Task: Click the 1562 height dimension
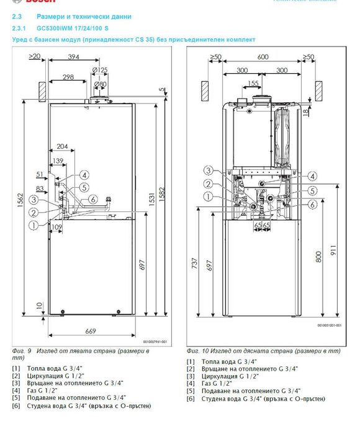[x=19, y=211]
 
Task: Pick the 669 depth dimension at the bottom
[x=90, y=332]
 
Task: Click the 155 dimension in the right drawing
[x=253, y=82]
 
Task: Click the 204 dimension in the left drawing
[x=62, y=147]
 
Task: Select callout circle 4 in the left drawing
[x=84, y=175]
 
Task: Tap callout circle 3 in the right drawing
[x=210, y=170]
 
